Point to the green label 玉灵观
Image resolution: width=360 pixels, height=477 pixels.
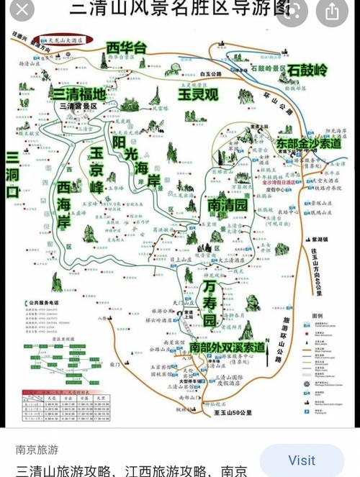(x=200, y=94)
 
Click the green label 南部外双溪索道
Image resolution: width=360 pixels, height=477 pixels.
(x=228, y=347)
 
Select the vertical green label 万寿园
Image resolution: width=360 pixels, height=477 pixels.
(x=210, y=302)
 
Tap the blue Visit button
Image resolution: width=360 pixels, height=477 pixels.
(x=302, y=460)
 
